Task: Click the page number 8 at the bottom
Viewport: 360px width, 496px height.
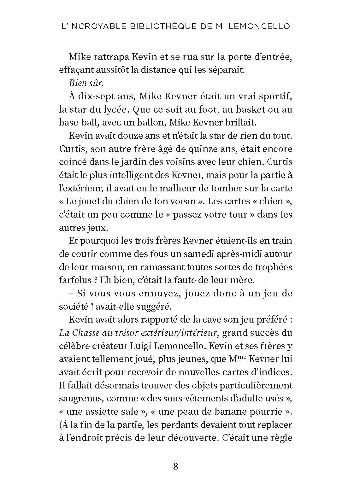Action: pos(176,466)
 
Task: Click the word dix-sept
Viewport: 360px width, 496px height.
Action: pos(90,96)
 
